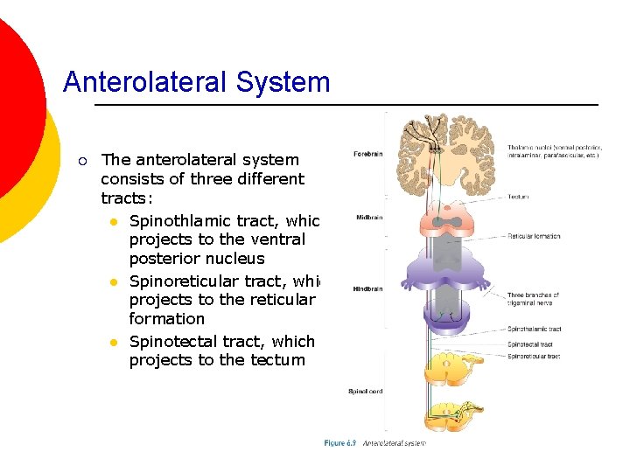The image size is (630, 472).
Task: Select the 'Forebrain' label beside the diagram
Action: pyautogui.click(x=367, y=155)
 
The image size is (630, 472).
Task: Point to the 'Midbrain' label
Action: pyautogui.click(x=368, y=218)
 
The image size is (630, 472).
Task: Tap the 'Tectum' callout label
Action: pyautogui.click(x=518, y=197)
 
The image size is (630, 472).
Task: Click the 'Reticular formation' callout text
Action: pyautogui.click(x=534, y=236)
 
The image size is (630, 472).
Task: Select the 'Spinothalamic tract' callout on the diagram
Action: pyautogui.click(x=534, y=330)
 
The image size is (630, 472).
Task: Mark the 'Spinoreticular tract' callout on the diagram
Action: pyautogui.click(x=533, y=357)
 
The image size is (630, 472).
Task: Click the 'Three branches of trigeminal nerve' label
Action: pyautogui.click(x=533, y=300)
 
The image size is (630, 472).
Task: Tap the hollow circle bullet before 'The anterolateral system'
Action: pyautogui.click(x=81, y=160)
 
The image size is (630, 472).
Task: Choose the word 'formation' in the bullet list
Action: pyautogui.click(x=166, y=319)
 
